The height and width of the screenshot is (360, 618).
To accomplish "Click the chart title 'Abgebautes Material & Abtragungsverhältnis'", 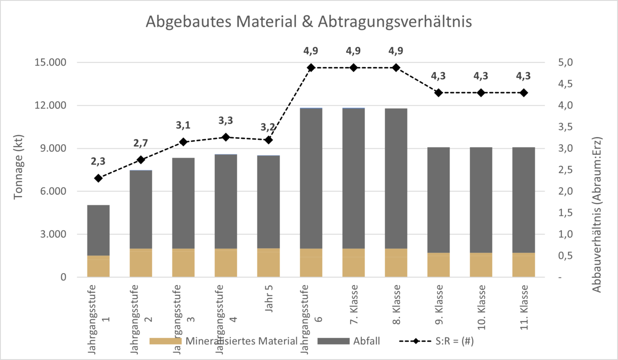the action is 309,22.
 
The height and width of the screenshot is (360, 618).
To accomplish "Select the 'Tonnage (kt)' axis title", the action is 18,167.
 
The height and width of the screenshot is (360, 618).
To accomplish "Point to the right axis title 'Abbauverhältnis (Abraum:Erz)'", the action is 596,215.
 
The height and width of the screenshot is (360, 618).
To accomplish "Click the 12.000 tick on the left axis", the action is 51,105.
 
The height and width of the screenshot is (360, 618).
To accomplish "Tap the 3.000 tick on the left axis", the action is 53,235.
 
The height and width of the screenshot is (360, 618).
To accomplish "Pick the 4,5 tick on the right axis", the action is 565,84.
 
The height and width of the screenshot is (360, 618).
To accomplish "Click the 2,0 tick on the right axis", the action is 565,191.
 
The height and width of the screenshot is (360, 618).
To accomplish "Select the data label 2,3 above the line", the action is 98,162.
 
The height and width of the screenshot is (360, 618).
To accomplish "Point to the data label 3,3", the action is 225,121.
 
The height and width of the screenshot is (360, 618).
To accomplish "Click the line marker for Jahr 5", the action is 268,140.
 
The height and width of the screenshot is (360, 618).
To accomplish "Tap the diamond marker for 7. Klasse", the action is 353,68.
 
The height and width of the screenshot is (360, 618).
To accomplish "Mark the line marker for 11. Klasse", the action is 524,93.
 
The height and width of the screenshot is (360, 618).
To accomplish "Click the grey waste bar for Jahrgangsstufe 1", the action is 98,230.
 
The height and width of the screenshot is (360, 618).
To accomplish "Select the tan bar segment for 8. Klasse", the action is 396,263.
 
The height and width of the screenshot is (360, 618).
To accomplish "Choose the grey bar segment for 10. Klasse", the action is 481,200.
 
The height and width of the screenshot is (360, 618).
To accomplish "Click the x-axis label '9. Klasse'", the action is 439,305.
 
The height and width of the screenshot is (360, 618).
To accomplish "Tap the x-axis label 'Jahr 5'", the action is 268,298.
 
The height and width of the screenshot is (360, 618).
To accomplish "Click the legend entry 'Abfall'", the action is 349,341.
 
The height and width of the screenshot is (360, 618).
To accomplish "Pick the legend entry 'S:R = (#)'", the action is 436,341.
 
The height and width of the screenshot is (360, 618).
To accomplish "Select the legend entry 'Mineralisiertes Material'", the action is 224,341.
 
